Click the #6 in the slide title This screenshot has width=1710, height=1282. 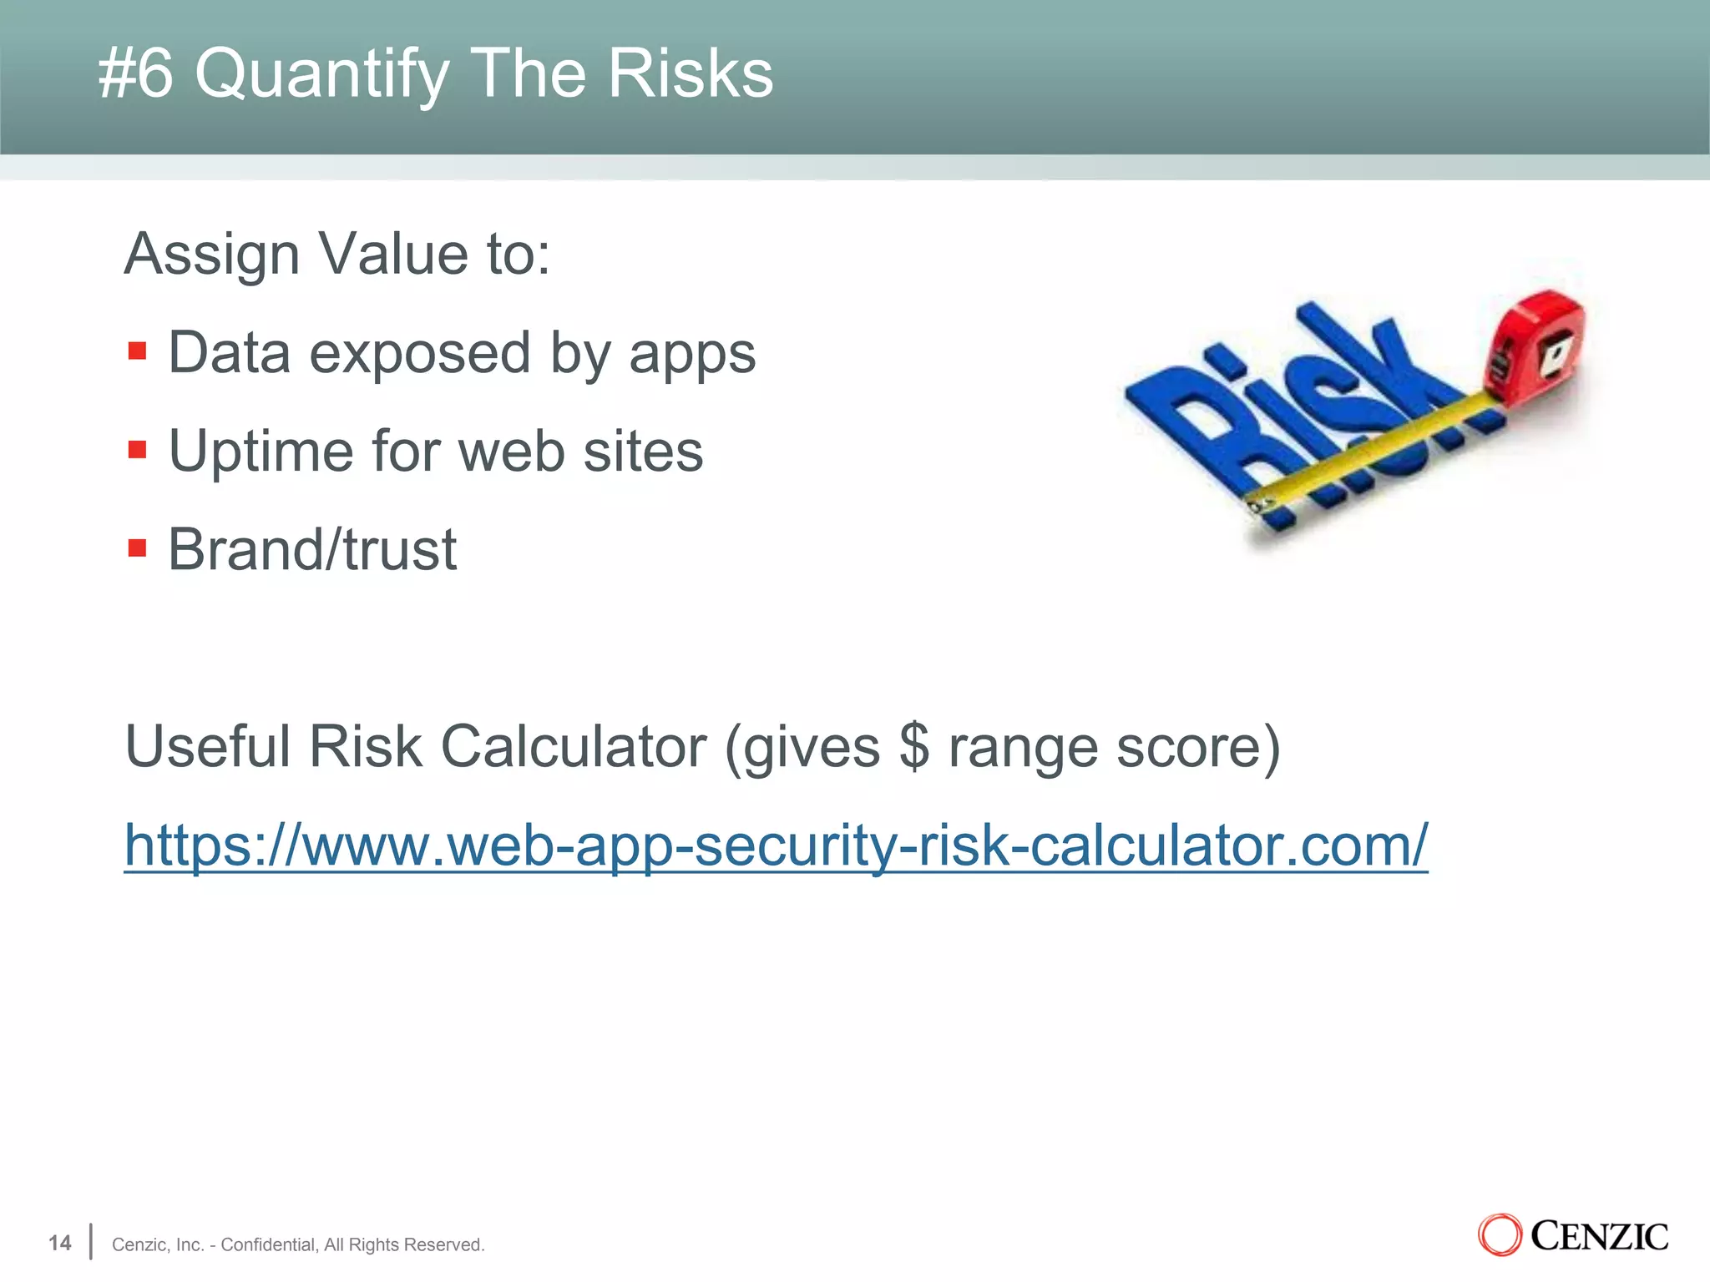[x=135, y=73]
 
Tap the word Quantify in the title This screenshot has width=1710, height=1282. [x=321, y=75]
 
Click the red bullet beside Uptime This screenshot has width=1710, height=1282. [x=138, y=450]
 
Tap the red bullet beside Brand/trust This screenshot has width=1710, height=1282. [x=138, y=548]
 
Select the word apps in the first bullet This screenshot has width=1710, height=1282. [x=692, y=354]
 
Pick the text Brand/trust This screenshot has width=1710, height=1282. [x=312, y=550]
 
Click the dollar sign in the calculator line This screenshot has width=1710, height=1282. [x=914, y=746]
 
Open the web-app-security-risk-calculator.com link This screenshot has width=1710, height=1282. [x=776, y=845]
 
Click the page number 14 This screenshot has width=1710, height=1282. [x=60, y=1243]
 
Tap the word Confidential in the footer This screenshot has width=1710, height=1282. [x=268, y=1244]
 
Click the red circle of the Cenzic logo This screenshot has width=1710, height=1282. [x=1500, y=1235]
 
